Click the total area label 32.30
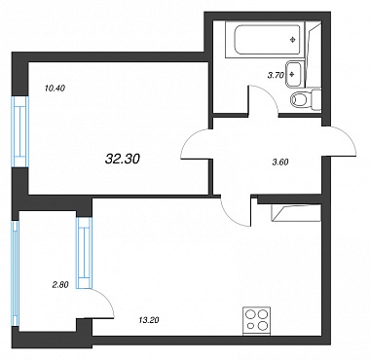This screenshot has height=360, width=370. pos(123,159)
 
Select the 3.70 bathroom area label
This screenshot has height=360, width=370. pos(276,75)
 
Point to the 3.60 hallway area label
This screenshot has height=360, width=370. pos(280,162)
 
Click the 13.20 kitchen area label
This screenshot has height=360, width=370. pos(149,320)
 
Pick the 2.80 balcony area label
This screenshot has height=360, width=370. pos(60,285)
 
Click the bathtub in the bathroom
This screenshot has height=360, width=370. pos(265,40)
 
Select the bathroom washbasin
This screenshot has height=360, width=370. pos(294,74)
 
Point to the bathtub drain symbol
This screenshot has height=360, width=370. pos(293,40)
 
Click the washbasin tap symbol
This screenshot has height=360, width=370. pos(291,74)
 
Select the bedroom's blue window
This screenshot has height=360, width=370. pos(20,131)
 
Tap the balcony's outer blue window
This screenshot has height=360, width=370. pos(15,273)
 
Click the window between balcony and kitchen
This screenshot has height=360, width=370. pos(84,252)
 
